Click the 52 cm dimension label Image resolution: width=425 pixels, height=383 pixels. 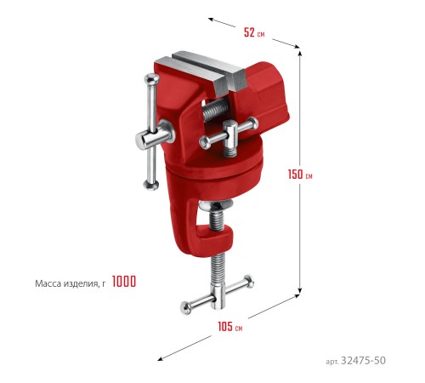coord(254,32)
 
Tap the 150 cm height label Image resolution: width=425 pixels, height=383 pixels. coord(300,174)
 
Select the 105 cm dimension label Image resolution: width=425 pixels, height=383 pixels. coord(229,327)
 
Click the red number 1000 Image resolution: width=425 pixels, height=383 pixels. coord(124,282)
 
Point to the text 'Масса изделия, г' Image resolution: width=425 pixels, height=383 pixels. coord(71,283)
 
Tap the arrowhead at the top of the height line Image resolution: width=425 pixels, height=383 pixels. coord(300,54)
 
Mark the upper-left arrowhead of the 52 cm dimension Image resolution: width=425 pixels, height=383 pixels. coord(211,20)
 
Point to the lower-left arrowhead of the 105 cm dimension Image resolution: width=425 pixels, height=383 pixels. coord(161,359)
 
